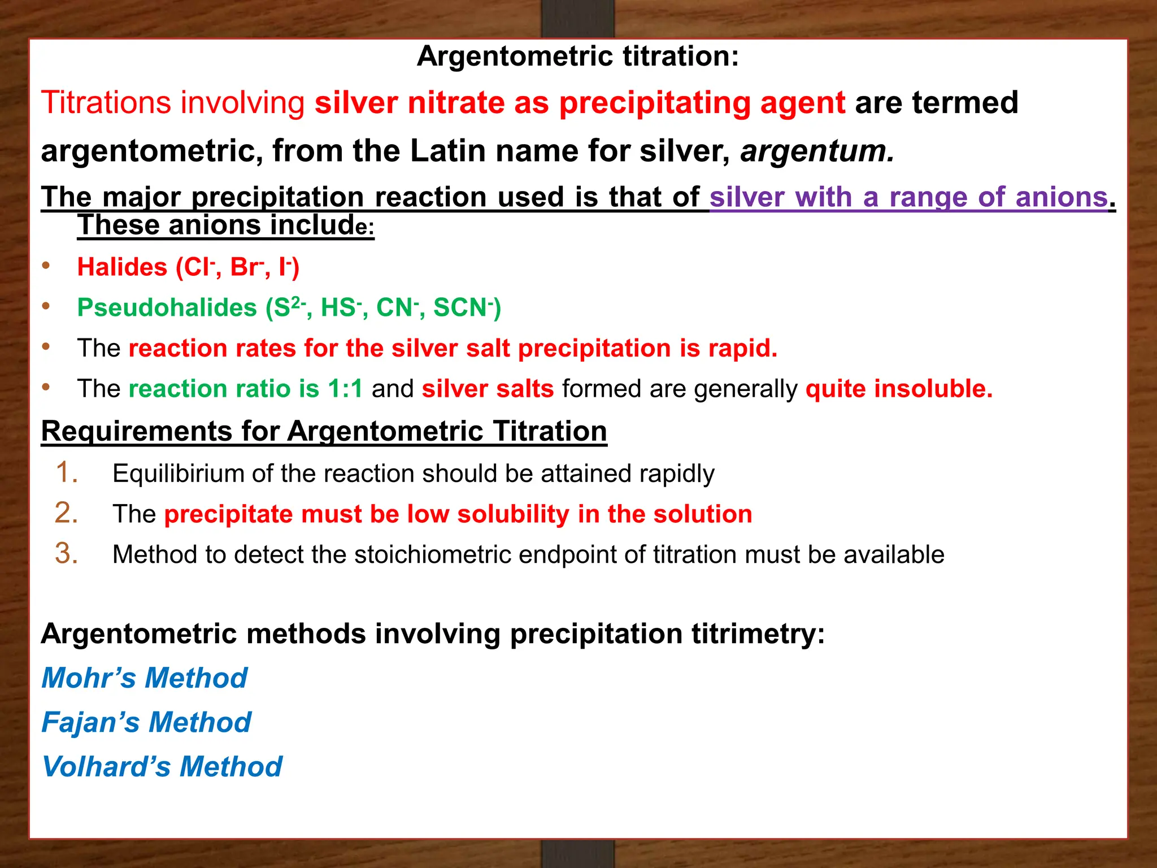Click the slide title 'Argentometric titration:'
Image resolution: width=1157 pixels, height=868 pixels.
point(577,57)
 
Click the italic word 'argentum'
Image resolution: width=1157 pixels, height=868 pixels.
point(817,151)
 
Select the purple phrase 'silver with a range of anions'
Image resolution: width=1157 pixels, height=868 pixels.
point(908,197)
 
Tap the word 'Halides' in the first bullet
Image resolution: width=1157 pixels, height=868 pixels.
point(123,267)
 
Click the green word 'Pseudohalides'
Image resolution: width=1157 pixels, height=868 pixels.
point(167,308)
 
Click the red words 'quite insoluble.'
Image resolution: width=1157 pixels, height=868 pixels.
point(899,389)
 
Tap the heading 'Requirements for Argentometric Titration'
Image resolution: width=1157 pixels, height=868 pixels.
point(324,431)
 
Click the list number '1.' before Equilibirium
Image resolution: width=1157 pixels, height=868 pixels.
point(67,472)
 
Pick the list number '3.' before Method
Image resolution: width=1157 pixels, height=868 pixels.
point(66,553)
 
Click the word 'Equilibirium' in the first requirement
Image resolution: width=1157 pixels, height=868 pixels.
point(178,474)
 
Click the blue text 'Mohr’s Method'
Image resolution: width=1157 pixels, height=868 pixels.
point(145,678)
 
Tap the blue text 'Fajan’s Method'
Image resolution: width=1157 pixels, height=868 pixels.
point(146,722)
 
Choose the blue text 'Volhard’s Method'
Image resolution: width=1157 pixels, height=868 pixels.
point(162,767)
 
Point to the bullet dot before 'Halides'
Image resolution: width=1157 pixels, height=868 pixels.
point(46,266)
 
